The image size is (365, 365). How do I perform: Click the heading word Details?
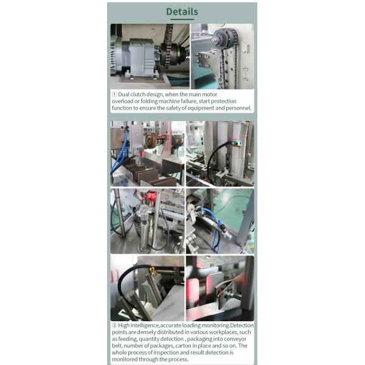pyautogui.click(x=182, y=12)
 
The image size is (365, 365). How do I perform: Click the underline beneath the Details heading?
pyautogui.click(x=182, y=20)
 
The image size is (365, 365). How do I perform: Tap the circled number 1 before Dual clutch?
pyautogui.click(x=114, y=94)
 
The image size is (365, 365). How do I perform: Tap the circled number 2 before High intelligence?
pyautogui.click(x=114, y=325)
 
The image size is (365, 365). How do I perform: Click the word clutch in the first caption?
pyautogui.click(x=139, y=94)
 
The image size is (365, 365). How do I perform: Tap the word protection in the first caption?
pyautogui.click(x=231, y=101)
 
